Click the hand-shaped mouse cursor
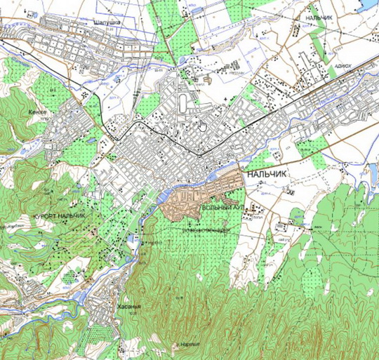coord(202,125)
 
